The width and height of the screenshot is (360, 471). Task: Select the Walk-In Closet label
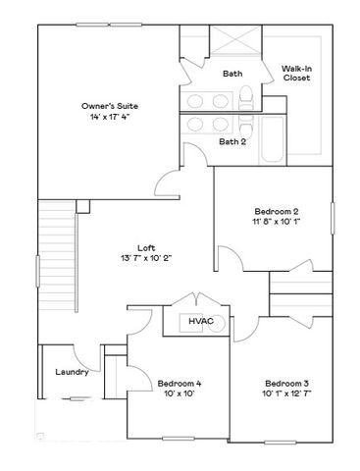point(296,73)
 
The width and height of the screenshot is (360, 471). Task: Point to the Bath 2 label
point(231,141)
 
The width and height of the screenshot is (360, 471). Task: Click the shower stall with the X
point(234,45)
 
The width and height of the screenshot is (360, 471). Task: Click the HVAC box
point(202,321)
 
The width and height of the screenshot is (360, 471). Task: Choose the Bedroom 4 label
point(179,383)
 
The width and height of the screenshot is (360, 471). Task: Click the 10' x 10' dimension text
point(179,393)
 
